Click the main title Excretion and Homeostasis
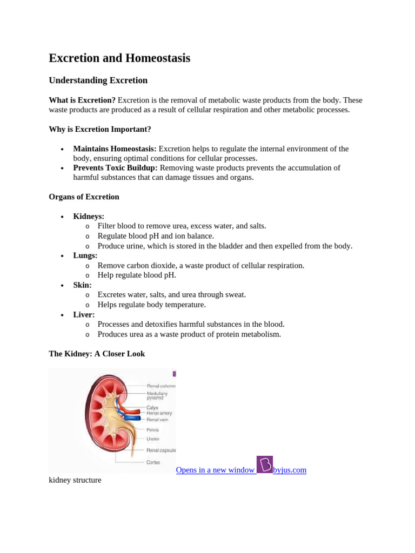[x=119, y=58]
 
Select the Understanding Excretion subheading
[x=98, y=80]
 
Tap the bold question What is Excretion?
[x=82, y=100]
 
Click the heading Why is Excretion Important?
[x=100, y=130]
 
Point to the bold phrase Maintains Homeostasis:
[x=115, y=149]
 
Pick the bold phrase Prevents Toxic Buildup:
[x=115, y=168]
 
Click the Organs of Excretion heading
[x=84, y=197]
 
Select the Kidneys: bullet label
[x=89, y=217]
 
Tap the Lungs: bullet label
[x=85, y=255]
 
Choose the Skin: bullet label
[x=82, y=285]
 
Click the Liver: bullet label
[x=84, y=315]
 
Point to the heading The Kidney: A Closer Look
[x=97, y=354]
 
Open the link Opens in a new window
[x=215, y=470]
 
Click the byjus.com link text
[x=290, y=470]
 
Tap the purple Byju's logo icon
[x=265, y=464]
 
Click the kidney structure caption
[x=75, y=480]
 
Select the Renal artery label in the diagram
[x=159, y=413]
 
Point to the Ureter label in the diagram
[x=153, y=439]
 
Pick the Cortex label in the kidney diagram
[x=153, y=462]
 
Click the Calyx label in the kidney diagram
[x=152, y=407]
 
